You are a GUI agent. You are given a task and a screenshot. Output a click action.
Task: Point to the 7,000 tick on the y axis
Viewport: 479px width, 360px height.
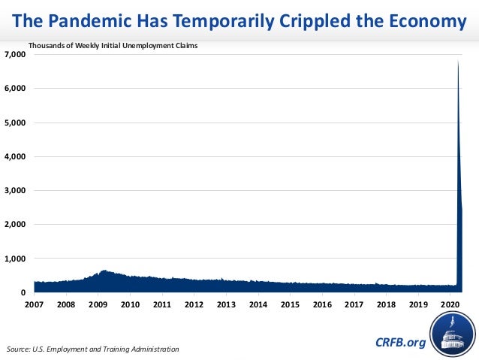(x=15, y=55)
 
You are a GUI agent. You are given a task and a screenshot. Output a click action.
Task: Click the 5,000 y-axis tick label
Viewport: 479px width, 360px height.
(x=15, y=123)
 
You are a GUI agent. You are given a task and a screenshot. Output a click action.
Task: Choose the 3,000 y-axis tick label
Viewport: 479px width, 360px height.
(x=15, y=191)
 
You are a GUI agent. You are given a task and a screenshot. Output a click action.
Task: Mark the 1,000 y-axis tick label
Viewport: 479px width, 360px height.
(x=15, y=259)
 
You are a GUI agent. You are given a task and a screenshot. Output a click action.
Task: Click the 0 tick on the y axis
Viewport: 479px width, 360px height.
(x=23, y=292)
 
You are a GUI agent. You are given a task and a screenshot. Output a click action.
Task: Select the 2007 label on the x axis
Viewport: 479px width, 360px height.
(x=35, y=305)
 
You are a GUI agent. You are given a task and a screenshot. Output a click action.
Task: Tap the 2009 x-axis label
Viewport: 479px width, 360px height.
(x=98, y=305)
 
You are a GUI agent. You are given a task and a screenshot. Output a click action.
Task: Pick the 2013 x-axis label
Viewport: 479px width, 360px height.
(x=226, y=305)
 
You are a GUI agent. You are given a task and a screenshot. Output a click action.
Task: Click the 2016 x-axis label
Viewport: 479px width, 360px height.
(x=322, y=305)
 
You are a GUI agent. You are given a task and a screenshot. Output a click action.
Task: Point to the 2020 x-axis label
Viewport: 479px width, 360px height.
(x=450, y=305)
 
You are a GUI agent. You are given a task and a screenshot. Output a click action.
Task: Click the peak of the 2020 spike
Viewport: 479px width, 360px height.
(x=458, y=61)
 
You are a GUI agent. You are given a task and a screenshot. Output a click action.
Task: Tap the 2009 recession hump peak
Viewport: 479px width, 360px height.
(x=104, y=271)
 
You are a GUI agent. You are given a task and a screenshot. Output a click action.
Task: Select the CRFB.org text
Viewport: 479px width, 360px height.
(x=399, y=343)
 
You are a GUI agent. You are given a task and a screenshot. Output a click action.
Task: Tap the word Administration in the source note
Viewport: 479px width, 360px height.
(x=153, y=349)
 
